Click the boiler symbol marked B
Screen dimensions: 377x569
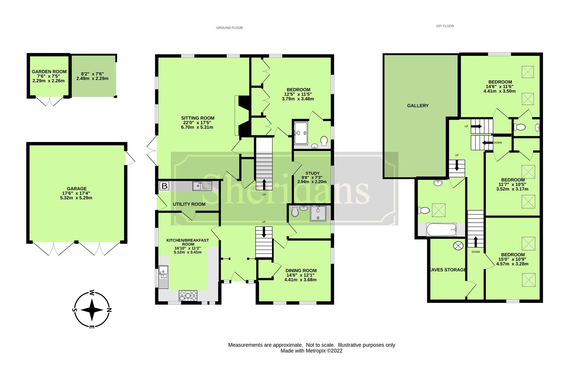pyautogui.click(x=164, y=186)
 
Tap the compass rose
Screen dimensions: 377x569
pyautogui.click(x=92, y=310)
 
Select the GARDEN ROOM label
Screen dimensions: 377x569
pyautogui.click(x=49, y=72)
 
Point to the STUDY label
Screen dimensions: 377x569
pyautogui.click(x=312, y=173)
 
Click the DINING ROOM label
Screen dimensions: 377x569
pyautogui.click(x=301, y=271)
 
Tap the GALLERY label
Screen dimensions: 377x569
pyautogui.click(x=418, y=106)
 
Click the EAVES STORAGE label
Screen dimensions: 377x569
pyautogui.click(x=447, y=270)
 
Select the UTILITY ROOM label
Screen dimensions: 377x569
pyautogui.click(x=189, y=204)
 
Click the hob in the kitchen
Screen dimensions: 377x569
pyautogui.click(x=188, y=295)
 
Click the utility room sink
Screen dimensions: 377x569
pyautogui.click(x=202, y=186)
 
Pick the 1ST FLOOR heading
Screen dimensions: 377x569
pyautogui.click(x=445, y=26)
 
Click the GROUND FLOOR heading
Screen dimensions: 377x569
pyautogui.click(x=229, y=28)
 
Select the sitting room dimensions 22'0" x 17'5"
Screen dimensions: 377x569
pyautogui.click(x=197, y=123)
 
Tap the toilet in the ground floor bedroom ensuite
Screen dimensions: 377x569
pyautogui.click(x=324, y=141)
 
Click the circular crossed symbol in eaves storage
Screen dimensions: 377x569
pyautogui.click(x=457, y=246)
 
